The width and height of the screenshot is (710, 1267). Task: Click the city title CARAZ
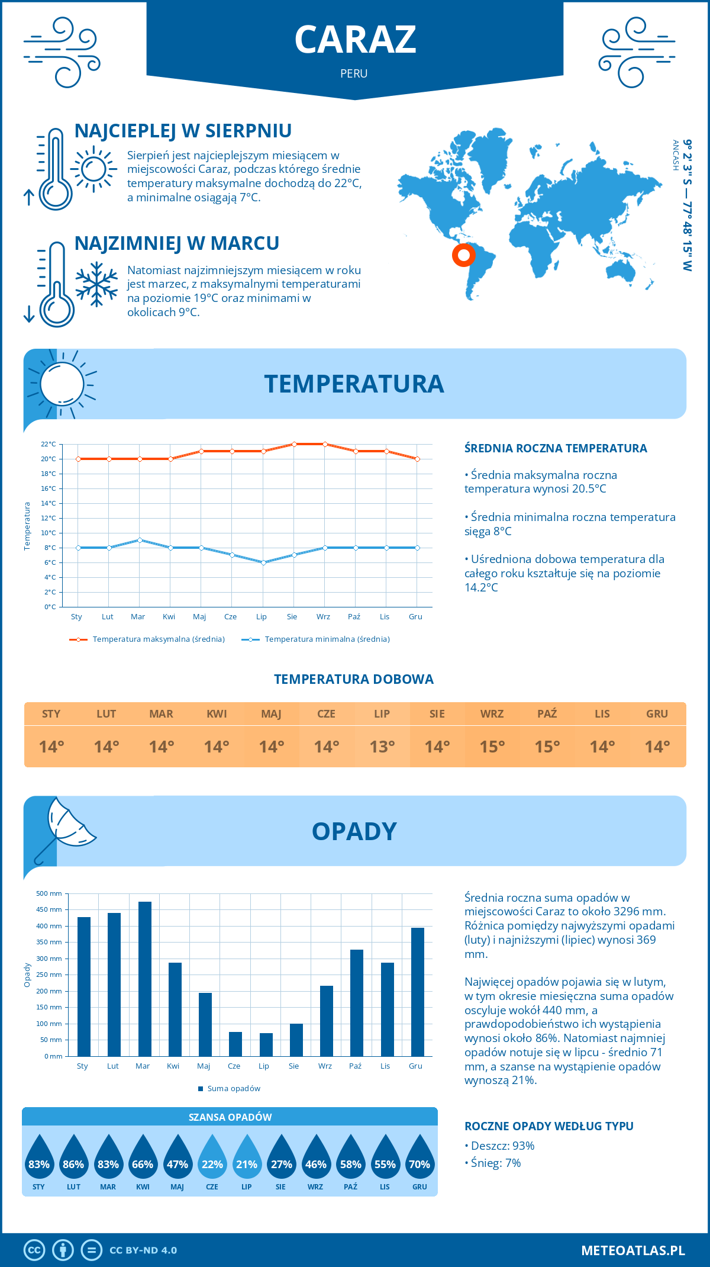coord(355,40)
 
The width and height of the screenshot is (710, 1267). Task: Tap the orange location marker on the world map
coord(463,255)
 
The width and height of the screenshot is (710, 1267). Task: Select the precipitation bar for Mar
coord(144,979)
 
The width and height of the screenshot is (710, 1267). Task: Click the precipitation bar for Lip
coord(266,1044)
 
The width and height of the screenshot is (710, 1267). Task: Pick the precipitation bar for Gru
coord(417,992)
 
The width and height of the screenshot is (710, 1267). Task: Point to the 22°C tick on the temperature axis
coord(49,444)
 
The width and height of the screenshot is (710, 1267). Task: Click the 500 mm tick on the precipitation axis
coord(49,893)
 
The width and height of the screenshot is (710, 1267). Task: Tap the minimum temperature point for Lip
coord(263,562)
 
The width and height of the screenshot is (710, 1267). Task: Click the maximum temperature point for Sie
coord(294,444)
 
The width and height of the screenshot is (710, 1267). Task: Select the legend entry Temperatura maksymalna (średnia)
coord(147,639)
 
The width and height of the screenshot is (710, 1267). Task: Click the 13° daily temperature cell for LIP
coord(382,747)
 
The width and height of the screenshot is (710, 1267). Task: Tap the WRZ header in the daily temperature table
coord(492,713)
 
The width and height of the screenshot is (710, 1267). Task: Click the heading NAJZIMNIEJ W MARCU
coord(176,243)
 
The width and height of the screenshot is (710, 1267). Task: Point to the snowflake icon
coord(96,284)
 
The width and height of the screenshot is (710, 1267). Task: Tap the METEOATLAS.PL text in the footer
coord(632,1250)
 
